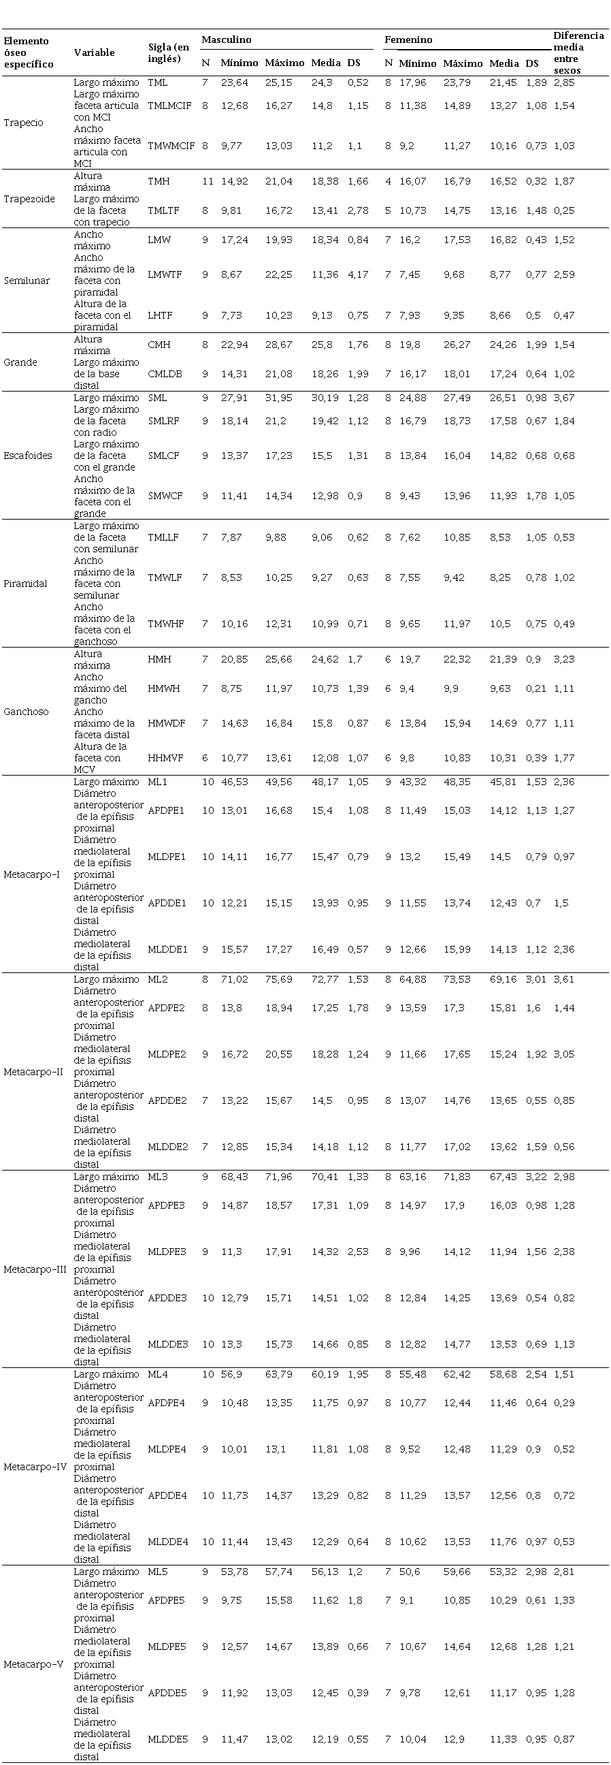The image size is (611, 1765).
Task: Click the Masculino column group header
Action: [226, 39]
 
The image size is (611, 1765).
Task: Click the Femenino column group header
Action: [408, 39]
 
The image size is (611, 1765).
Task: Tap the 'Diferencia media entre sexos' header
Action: [578, 52]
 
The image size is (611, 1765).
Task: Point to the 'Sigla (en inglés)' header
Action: [169, 52]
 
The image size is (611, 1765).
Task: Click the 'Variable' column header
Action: [94, 52]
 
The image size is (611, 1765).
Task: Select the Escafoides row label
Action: [28, 456]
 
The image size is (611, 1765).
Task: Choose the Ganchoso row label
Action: [26, 711]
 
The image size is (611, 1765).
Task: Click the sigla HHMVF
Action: [165, 758]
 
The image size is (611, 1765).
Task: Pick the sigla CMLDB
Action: [165, 374]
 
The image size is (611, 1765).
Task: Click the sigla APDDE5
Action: [167, 1692]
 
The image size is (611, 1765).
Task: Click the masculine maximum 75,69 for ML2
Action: [279, 979]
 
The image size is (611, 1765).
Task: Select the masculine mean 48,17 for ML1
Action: [325, 782]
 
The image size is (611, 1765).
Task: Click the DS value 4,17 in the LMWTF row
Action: [357, 274]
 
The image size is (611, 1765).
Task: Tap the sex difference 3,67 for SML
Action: [564, 398]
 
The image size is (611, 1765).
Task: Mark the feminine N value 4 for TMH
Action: [389, 182]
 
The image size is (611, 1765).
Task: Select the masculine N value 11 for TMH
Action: [208, 182]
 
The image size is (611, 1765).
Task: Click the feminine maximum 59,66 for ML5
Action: [457, 1571]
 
